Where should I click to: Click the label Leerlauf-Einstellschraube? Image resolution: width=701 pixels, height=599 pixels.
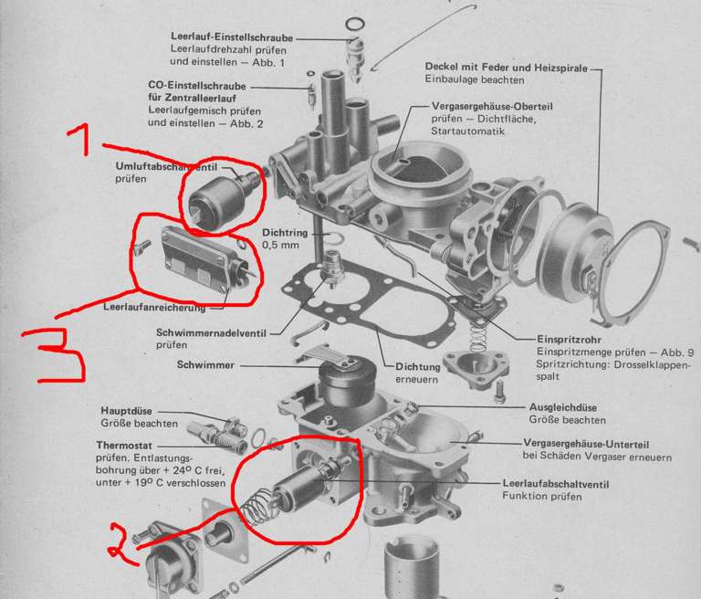tap(232, 37)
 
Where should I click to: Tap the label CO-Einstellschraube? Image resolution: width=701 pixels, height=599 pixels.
tap(197, 86)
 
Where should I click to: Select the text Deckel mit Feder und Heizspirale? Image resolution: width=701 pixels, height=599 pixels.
tap(506, 67)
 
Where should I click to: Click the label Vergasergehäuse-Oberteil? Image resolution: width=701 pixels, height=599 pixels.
tap(492, 107)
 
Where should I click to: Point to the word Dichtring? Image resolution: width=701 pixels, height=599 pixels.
tap(285, 233)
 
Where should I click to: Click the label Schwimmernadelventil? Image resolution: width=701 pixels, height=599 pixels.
tap(211, 333)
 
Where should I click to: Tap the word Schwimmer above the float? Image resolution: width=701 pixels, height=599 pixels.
tap(205, 364)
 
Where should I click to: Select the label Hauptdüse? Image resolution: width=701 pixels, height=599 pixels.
tap(126, 411)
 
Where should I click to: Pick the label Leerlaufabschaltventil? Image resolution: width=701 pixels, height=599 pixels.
tap(555, 484)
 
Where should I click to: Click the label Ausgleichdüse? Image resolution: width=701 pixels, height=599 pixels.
tap(562, 407)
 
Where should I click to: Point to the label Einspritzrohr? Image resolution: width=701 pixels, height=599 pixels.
tap(569, 340)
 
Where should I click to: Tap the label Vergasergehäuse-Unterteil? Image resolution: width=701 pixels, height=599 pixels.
tap(586, 444)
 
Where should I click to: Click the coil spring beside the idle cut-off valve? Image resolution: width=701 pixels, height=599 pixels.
tap(258, 507)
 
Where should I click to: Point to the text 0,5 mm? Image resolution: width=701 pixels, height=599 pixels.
tap(280, 245)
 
